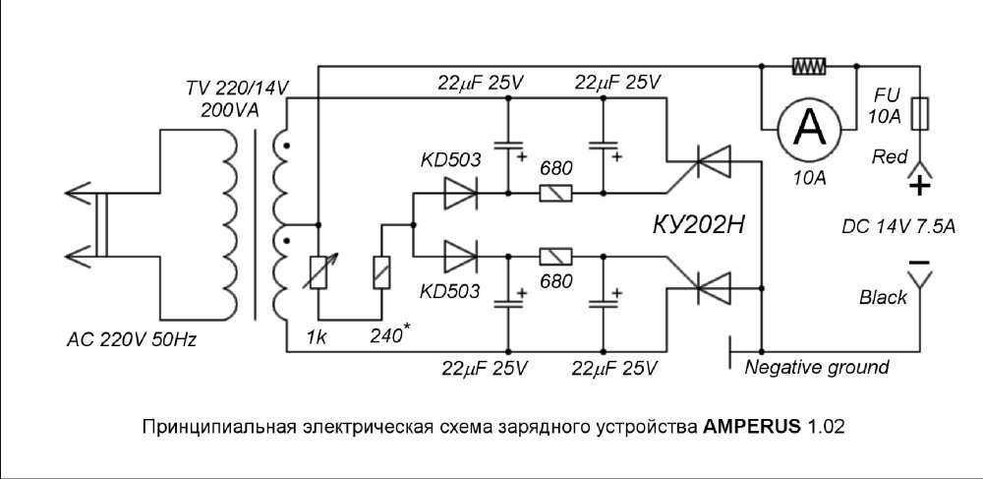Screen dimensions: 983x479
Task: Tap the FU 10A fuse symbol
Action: click(920, 113)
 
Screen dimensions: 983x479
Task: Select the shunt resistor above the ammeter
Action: click(809, 65)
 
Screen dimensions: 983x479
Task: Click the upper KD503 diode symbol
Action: click(460, 193)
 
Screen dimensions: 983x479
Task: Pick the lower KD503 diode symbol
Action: click(460, 257)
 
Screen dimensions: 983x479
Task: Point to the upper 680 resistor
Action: click(555, 193)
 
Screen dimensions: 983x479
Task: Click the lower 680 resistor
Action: click(555, 257)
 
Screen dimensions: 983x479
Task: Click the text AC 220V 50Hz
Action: click(132, 340)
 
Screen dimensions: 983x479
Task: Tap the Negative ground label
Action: click(816, 367)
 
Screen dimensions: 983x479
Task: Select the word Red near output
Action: click(890, 156)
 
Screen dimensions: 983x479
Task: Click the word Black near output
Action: click(884, 297)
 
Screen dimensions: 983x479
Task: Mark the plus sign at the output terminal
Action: click(920, 186)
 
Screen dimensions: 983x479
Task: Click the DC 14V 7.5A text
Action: click(898, 225)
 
